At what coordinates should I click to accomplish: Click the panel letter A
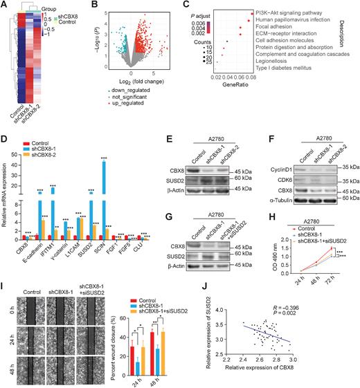click(5, 6)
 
